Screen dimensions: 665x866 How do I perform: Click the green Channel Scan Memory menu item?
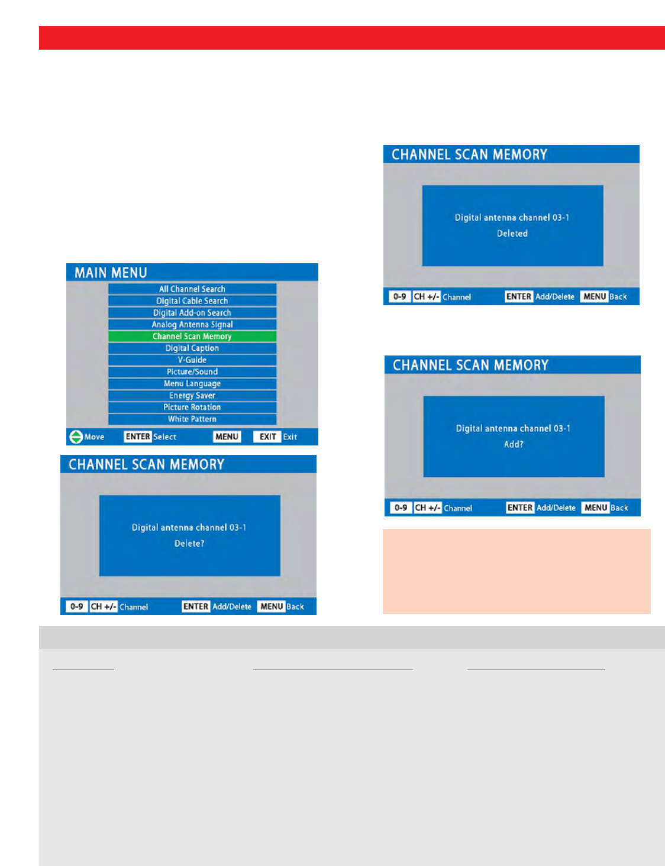192,336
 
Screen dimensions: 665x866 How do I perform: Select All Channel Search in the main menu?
192,289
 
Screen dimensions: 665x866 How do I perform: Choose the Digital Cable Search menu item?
192,300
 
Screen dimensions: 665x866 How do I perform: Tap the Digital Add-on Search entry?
192,312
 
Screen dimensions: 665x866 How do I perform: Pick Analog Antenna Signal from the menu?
192,324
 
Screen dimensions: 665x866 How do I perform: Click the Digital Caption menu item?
192,348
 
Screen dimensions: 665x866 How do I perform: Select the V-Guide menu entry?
192,360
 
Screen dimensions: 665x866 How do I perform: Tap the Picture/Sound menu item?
192,371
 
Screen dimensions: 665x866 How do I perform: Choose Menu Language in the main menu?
192,383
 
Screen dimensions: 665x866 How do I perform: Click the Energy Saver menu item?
192,395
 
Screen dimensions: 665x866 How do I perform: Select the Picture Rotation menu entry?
192,407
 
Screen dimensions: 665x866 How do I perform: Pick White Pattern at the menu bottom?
192,419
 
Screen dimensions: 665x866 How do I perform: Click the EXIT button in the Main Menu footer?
267,437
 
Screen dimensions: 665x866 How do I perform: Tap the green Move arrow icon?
76,437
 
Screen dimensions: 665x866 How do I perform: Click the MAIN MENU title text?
111,273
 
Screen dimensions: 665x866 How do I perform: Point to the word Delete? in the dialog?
189,543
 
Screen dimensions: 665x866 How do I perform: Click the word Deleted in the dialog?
512,234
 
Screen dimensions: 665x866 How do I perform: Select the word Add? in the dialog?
514,444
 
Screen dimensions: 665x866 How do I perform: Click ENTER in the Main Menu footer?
138,437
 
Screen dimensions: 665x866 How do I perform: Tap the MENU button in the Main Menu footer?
227,437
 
